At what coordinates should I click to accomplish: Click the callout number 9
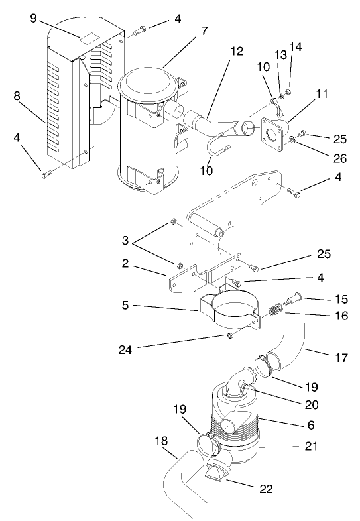coord(33,18)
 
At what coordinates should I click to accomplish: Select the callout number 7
coord(204,31)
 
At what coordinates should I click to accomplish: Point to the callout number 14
coord(295,47)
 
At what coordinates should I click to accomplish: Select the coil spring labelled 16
coord(274,310)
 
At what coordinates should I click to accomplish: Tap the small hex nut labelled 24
coord(229,337)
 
